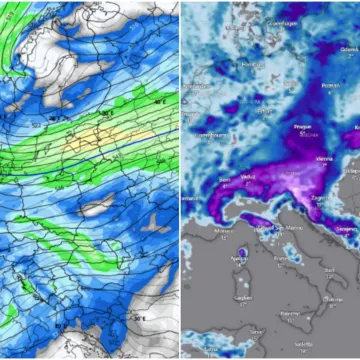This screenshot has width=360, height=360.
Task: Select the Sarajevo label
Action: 345,229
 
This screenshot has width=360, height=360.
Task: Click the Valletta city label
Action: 305,351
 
